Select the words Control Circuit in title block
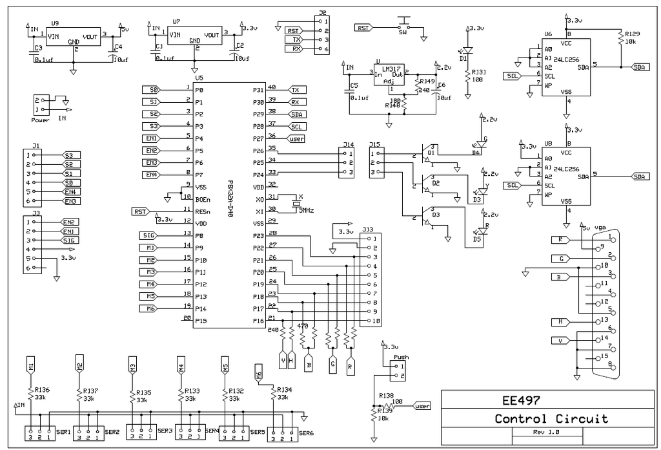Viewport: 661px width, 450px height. point(551,418)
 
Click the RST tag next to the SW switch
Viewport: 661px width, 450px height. point(363,28)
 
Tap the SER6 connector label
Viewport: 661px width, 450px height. point(306,433)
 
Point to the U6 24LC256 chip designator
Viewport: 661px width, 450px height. point(548,34)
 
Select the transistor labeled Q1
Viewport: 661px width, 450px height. point(431,153)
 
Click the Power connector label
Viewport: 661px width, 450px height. point(40,120)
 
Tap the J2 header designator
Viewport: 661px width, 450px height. point(322,13)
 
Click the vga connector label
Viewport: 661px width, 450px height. point(601,228)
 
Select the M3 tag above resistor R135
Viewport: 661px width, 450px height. point(132,367)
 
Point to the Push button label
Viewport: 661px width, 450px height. point(401,356)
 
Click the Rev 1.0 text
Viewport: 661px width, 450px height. point(545,432)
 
